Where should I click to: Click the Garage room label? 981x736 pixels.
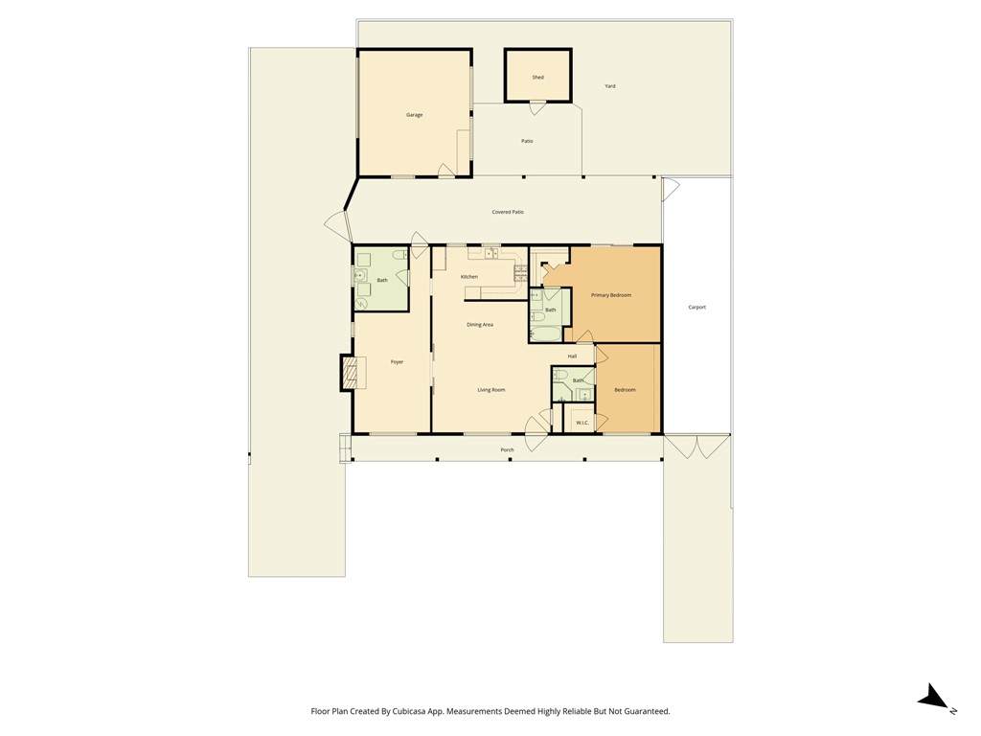(x=414, y=115)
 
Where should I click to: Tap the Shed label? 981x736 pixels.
(x=538, y=78)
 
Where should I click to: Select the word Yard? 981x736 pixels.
(x=610, y=86)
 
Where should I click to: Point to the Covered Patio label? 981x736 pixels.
(x=508, y=212)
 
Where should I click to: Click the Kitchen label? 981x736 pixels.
(x=469, y=277)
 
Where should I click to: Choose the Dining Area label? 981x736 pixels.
(x=480, y=325)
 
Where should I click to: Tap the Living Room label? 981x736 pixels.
(x=491, y=390)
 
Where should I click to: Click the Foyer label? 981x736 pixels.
(x=397, y=362)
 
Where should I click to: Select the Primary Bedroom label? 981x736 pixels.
(x=611, y=295)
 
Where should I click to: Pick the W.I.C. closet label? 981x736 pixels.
(x=582, y=423)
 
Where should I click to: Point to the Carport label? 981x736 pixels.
(x=697, y=308)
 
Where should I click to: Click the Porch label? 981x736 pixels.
(x=507, y=450)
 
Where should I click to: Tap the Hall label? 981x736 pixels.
(x=572, y=356)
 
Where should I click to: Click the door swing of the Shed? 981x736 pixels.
(x=536, y=107)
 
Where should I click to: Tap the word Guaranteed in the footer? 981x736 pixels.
(x=648, y=712)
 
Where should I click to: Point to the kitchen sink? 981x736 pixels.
(x=491, y=253)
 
